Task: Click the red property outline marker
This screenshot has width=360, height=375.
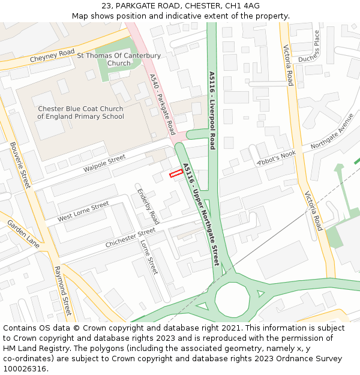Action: (x=176, y=173)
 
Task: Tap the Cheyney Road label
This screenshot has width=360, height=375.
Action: (x=52, y=56)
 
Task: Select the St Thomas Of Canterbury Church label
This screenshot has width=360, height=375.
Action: (x=119, y=59)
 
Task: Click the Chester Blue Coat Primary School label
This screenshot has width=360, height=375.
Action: (x=80, y=113)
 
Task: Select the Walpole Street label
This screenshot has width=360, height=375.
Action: (x=104, y=163)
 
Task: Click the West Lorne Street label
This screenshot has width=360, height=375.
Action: (x=83, y=212)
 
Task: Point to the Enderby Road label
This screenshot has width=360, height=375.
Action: (x=148, y=206)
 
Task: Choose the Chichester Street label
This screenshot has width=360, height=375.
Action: (x=130, y=238)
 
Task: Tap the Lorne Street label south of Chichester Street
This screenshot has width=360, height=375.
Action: (x=148, y=257)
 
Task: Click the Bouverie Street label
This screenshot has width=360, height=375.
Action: (x=20, y=166)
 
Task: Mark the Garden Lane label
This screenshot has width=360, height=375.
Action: (x=23, y=234)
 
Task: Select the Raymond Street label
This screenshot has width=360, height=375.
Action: (x=63, y=291)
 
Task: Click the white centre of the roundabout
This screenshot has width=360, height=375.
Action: (x=232, y=298)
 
